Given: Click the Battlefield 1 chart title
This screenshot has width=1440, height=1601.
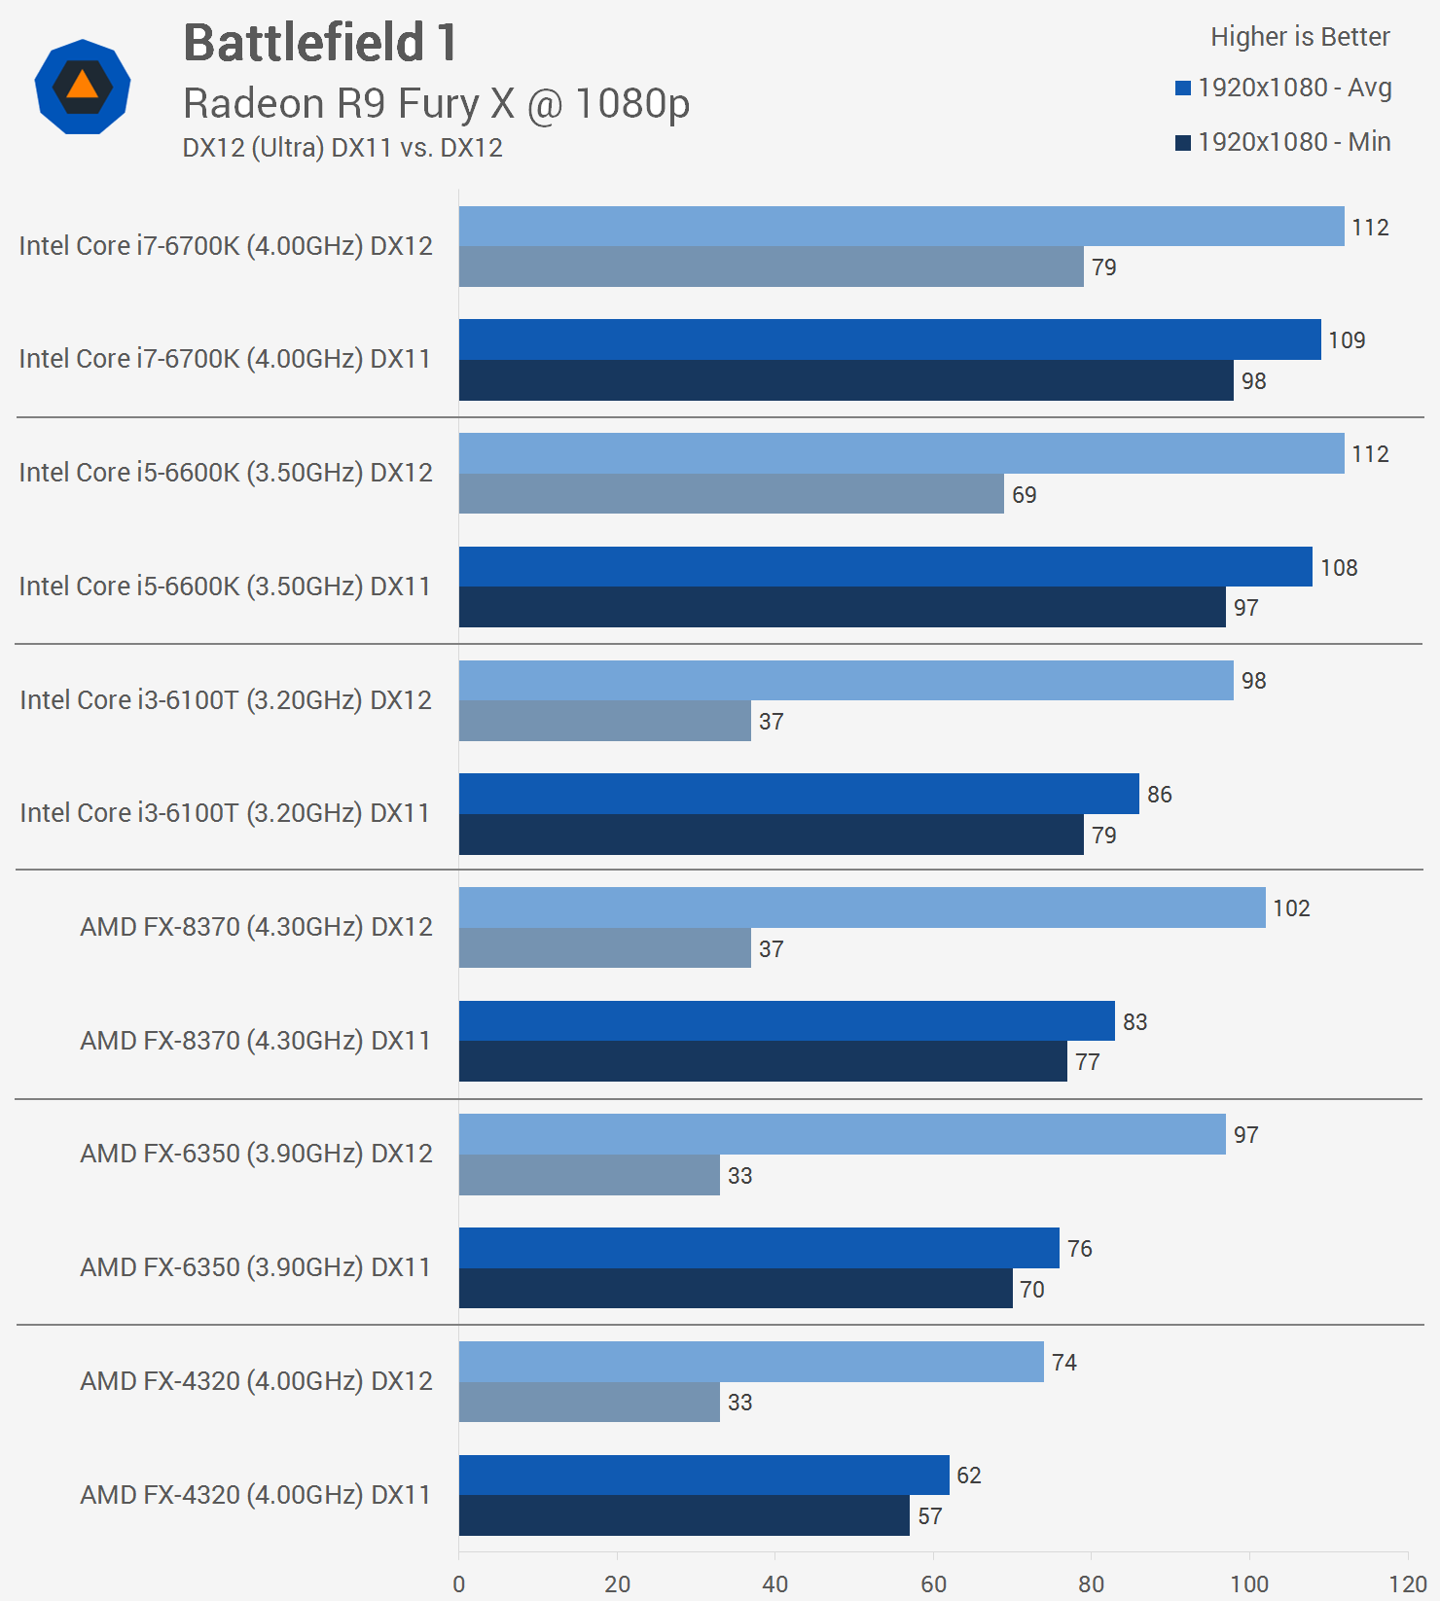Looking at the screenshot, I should (x=320, y=44).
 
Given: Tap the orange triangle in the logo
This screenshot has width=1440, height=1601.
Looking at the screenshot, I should (x=83, y=85).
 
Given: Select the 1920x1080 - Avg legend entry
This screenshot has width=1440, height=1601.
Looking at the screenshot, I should (x=1283, y=88).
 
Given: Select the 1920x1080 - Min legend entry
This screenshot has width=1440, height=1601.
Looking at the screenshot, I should (x=1283, y=142).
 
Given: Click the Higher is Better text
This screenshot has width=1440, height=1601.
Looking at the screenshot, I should (x=1299, y=37).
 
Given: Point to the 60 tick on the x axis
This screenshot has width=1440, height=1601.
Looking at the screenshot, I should (x=933, y=1583).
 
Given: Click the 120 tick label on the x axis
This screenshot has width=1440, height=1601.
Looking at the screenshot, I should (x=1407, y=1583).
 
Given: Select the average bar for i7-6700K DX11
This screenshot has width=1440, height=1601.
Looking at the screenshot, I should (x=889, y=339).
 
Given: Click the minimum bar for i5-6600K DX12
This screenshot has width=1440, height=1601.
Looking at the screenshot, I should (x=731, y=494).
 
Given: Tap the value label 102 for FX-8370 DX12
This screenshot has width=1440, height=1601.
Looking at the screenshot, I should (x=1291, y=908).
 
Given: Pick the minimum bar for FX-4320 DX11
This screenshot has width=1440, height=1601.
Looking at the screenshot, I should (x=684, y=1515).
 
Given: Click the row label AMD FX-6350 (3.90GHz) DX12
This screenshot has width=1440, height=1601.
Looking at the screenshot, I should (x=256, y=1154).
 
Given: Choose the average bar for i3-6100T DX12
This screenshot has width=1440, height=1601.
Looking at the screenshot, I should (x=846, y=680).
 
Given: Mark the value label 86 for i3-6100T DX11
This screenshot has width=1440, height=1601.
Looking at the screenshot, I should (x=1159, y=795).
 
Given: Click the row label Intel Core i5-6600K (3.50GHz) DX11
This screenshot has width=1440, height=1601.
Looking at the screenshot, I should (x=225, y=586).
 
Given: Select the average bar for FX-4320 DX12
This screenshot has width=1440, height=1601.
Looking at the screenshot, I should (x=751, y=1362).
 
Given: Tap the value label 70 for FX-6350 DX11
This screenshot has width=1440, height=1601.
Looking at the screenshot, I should (x=1031, y=1290).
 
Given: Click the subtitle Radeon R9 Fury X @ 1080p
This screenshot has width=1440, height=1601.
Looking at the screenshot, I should (x=436, y=103).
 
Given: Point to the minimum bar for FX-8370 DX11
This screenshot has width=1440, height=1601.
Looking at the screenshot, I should (x=763, y=1061).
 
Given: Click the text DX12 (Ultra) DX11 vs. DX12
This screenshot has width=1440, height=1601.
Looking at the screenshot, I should (x=342, y=148).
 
